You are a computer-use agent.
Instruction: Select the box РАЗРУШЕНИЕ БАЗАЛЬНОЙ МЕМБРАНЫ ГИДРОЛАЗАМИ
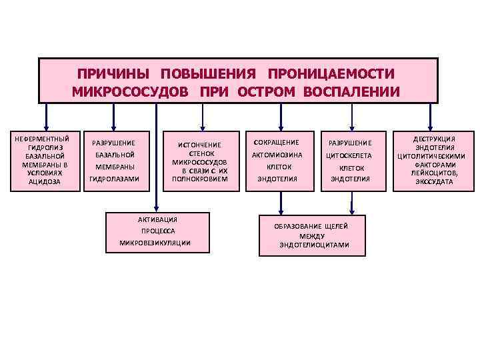coord(114,161)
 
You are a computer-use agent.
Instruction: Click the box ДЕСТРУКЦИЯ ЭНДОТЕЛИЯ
coord(433,160)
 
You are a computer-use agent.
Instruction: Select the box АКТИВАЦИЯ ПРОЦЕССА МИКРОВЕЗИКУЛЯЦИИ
coord(155,231)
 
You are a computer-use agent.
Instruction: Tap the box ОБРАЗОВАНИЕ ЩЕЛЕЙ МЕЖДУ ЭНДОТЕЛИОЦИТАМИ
coord(312,235)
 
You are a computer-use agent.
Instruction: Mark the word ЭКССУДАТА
coord(434,181)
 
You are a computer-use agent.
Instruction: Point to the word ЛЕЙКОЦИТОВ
coord(434,173)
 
